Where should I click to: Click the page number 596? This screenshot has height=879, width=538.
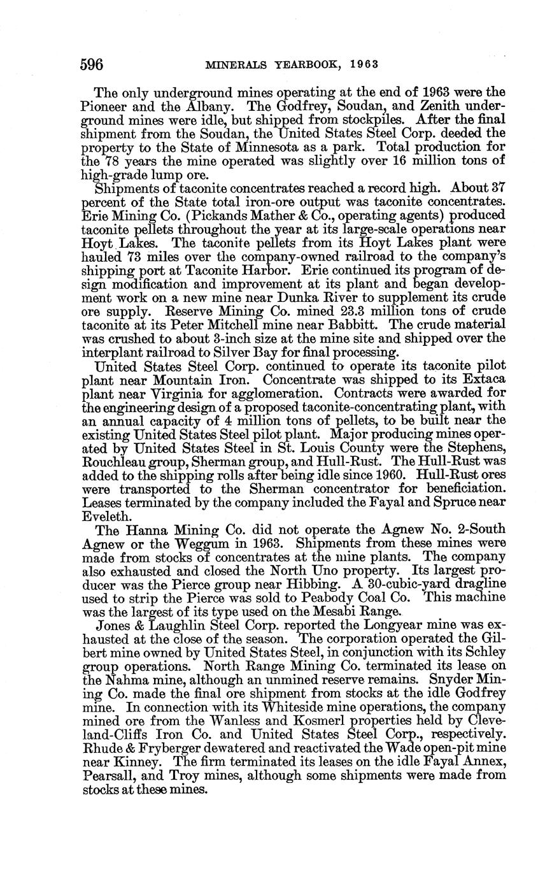coord(92,64)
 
